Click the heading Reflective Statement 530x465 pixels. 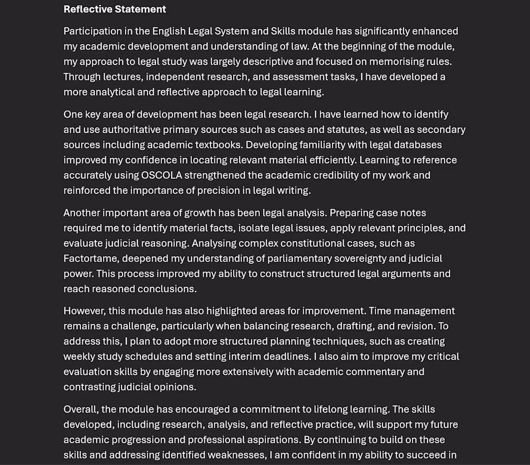115,9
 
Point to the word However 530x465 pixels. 83,311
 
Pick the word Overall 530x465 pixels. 81,410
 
